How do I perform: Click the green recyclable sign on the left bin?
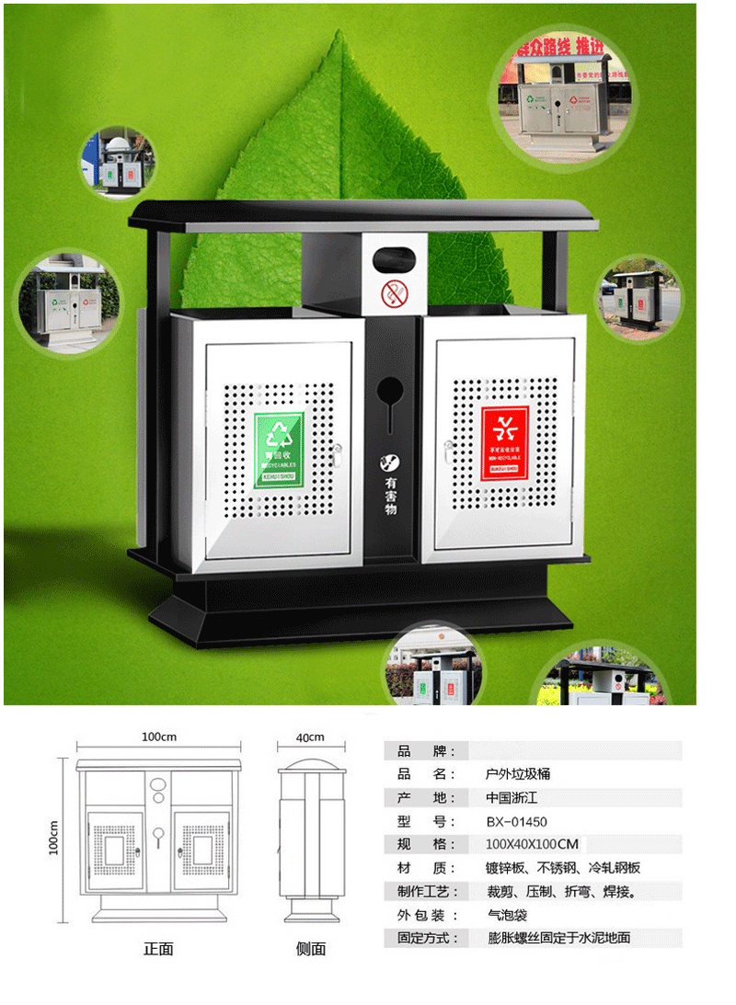click(x=279, y=450)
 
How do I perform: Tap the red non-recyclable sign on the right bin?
click(x=505, y=443)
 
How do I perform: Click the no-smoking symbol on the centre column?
click(x=393, y=294)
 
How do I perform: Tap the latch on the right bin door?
click(x=447, y=451)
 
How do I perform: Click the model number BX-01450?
click(x=517, y=821)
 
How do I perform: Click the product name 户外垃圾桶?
click(x=518, y=773)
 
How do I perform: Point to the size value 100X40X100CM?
click(x=533, y=844)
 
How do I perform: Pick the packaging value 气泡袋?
click(x=508, y=916)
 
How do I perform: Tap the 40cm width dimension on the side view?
click(x=310, y=737)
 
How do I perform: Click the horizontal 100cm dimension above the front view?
click(x=159, y=737)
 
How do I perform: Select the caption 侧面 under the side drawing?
click(x=311, y=949)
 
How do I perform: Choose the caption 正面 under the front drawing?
click(x=158, y=949)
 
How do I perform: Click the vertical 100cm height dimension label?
click(x=53, y=838)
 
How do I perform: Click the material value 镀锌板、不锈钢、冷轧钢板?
click(x=563, y=868)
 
